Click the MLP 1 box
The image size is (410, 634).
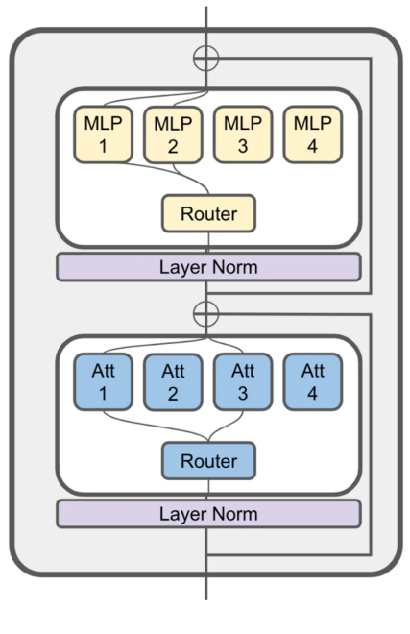tap(103, 134)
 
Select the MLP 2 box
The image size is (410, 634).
tap(173, 134)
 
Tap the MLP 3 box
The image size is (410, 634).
tap(243, 134)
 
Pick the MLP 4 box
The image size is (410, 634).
tap(312, 134)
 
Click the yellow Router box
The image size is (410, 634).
tap(208, 213)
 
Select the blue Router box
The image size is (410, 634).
tap(208, 461)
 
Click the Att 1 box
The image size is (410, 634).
tap(103, 382)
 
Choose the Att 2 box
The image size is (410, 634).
tap(173, 382)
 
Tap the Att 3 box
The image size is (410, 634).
tap(243, 382)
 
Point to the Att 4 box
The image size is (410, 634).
tap(312, 382)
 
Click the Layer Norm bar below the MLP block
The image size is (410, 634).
tap(208, 267)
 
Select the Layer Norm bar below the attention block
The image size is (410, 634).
tap(208, 514)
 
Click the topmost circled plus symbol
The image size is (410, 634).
tap(206, 57)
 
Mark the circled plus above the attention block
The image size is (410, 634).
tap(206, 312)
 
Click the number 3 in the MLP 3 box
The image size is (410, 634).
tap(243, 146)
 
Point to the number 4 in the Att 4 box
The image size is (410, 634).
tap(312, 394)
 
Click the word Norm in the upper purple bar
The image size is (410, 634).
tap(235, 267)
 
